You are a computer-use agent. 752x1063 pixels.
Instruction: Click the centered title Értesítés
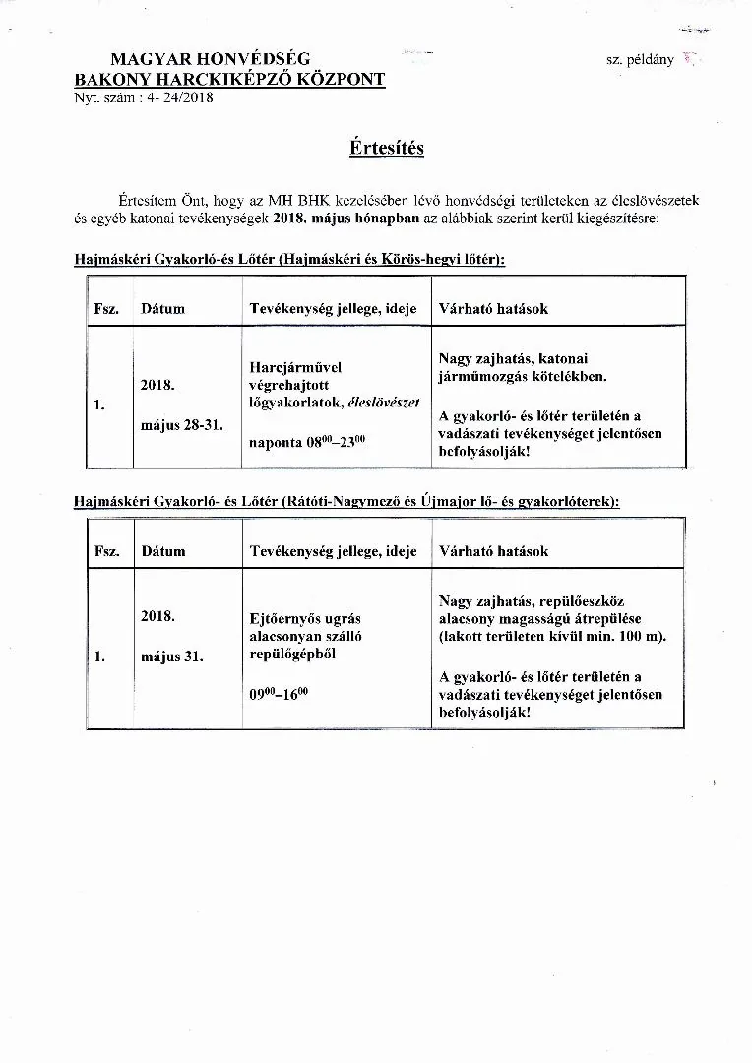[386, 148]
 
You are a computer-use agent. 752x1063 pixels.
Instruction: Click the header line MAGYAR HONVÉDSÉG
[210, 60]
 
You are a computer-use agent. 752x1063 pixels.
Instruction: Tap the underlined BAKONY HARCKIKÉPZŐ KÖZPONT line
[229, 80]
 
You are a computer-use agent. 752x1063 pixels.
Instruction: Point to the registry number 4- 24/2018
[180, 97]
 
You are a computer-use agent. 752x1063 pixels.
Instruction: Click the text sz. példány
[640, 59]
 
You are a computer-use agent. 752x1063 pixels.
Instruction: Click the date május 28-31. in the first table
[182, 425]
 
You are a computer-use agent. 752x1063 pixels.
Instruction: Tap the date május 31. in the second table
[172, 656]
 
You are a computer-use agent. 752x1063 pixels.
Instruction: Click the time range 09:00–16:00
[279, 693]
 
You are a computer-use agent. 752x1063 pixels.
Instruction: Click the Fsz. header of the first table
[106, 308]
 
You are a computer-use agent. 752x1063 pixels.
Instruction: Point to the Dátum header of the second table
[162, 551]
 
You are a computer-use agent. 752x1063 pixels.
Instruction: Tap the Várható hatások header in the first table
[493, 308]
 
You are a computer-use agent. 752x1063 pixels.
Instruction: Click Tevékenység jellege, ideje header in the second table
[334, 551]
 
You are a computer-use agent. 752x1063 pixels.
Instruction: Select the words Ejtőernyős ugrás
[306, 618]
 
